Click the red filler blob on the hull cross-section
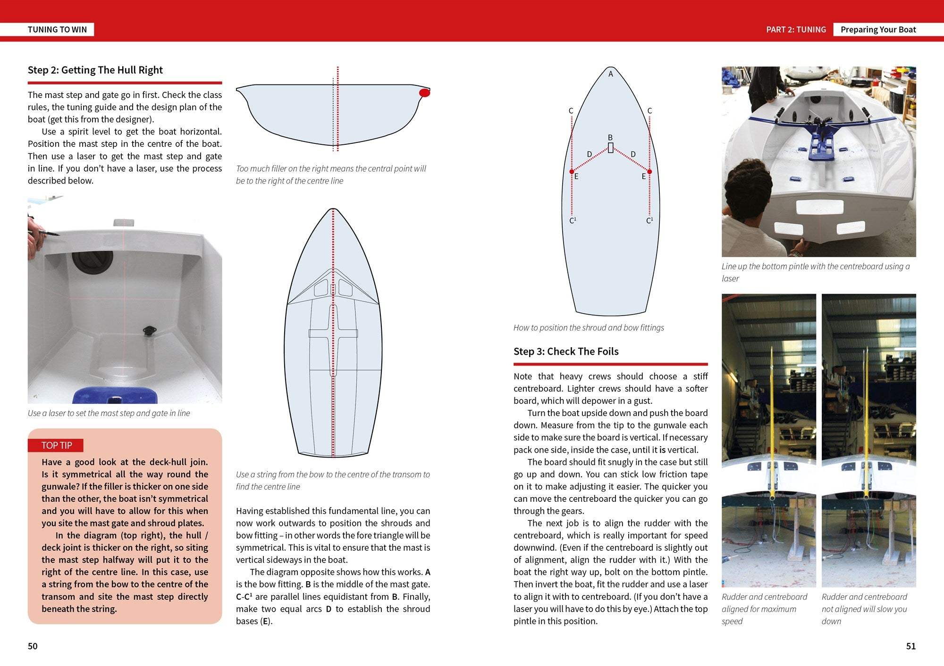click(x=424, y=93)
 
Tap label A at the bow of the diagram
click(x=610, y=74)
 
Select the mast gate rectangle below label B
click(x=611, y=148)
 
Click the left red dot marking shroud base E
click(x=572, y=172)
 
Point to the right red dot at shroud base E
click(x=649, y=172)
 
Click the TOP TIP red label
click(x=56, y=445)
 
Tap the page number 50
click(x=33, y=646)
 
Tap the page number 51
click(x=910, y=646)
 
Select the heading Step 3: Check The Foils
click(x=566, y=351)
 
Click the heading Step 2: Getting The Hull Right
click(x=95, y=70)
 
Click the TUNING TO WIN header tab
click(x=57, y=29)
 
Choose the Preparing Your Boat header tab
click(x=878, y=29)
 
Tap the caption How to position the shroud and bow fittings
click(x=589, y=328)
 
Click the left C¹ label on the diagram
click(x=573, y=221)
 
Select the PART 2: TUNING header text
click(x=796, y=29)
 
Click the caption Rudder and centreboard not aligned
click(x=864, y=609)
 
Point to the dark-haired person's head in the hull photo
click(x=749, y=193)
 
